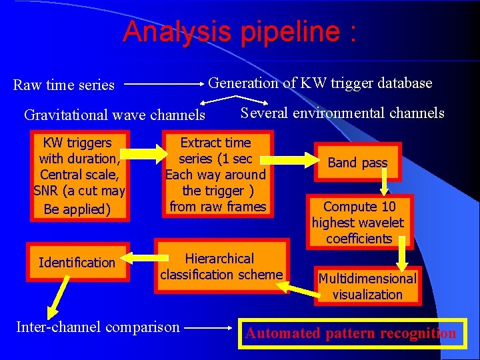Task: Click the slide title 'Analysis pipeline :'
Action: pyautogui.click(x=239, y=31)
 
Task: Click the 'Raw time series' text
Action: pyautogui.click(x=64, y=85)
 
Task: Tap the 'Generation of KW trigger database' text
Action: pyautogui.click(x=320, y=83)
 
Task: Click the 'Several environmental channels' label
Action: pyautogui.click(x=342, y=113)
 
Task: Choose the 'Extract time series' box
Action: pyautogui.click(x=216, y=174)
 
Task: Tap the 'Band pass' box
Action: pyautogui.click(x=358, y=163)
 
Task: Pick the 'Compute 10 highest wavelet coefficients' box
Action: pyautogui.click(x=359, y=223)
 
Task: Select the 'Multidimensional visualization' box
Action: pyautogui.click(x=367, y=286)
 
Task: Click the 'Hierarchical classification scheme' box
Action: pyautogui.click(x=221, y=266)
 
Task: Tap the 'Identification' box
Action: pyautogui.click(x=77, y=263)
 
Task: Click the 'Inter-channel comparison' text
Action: pyautogui.click(x=98, y=327)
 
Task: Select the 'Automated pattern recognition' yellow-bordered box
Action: pyautogui.click(x=351, y=333)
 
